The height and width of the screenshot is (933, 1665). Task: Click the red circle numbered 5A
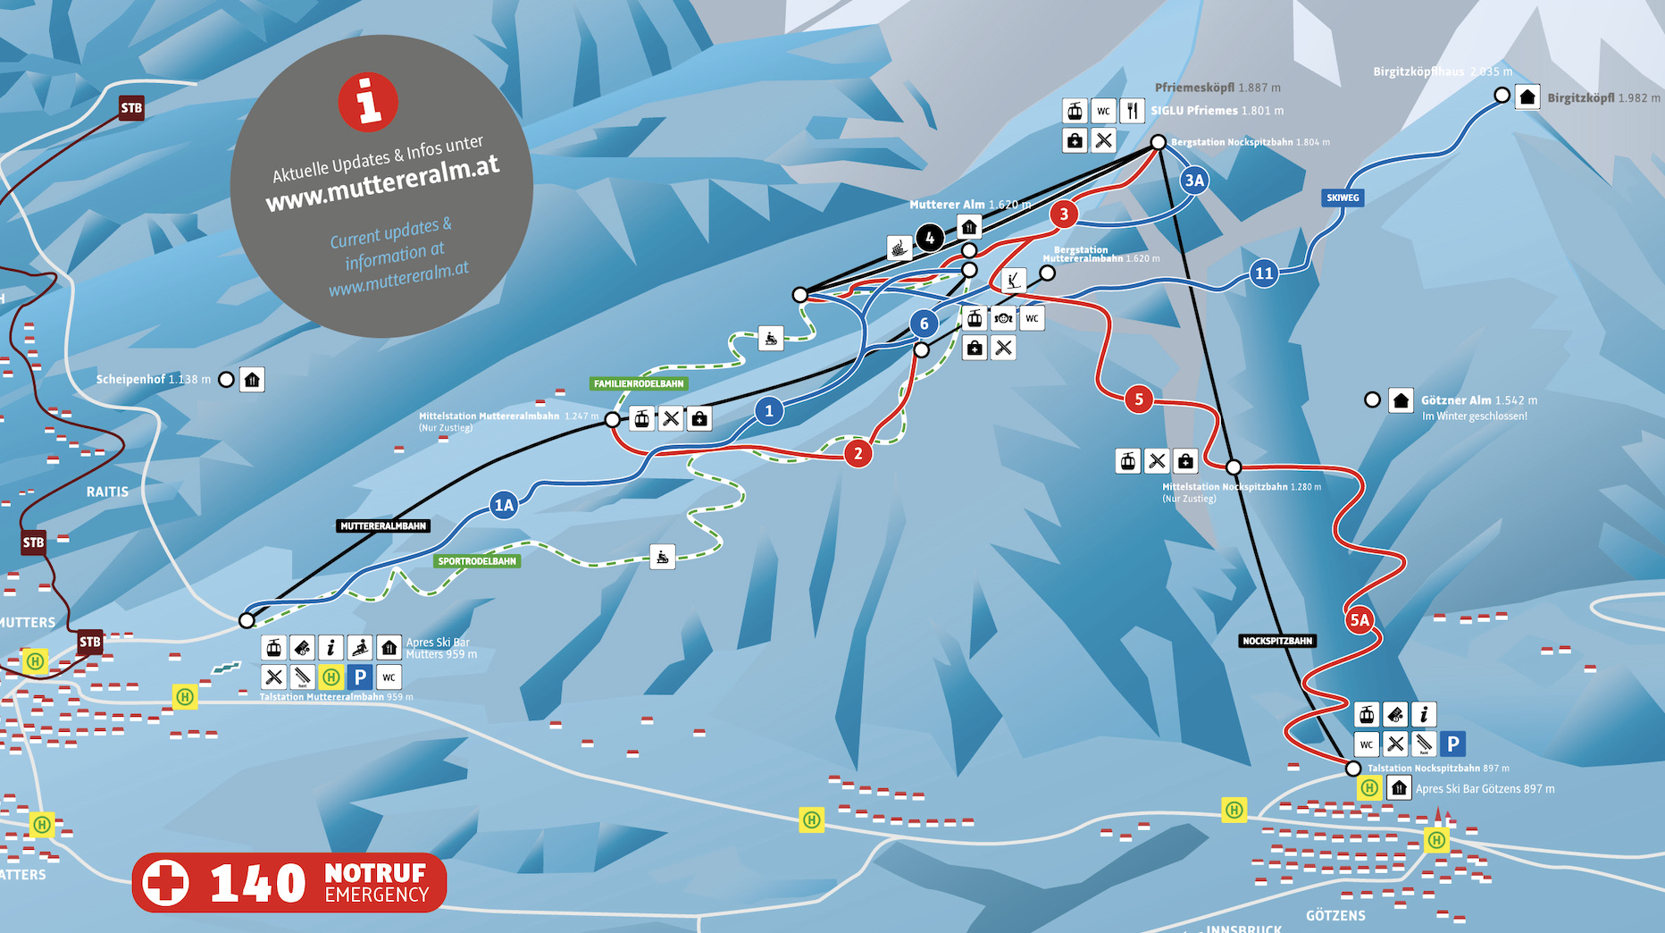(1359, 619)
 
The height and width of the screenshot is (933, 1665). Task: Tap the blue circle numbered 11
(1263, 273)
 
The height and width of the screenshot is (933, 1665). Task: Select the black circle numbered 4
(930, 238)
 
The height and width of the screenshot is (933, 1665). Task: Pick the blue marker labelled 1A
(504, 506)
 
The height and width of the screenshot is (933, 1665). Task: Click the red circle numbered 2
(858, 453)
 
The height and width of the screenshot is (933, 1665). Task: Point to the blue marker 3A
(1194, 181)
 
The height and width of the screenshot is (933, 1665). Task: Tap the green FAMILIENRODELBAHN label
(639, 383)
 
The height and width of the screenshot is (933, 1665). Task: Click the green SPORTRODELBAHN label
(477, 561)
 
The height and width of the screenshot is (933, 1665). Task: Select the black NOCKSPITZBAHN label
(1277, 641)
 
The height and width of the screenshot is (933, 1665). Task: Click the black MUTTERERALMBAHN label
(383, 526)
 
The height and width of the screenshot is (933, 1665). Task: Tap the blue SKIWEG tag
(1343, 198)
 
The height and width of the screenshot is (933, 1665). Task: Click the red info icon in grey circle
(368, 101)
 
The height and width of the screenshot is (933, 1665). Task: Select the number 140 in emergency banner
(257, 883)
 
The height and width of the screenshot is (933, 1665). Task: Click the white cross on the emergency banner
(166, 883)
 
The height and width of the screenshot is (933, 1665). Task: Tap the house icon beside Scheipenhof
(252, 380)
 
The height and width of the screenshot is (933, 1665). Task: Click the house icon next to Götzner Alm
(1401, 400)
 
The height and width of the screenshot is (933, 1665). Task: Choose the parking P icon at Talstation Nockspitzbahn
(1452, 744)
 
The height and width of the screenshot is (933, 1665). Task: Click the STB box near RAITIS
(33, 542)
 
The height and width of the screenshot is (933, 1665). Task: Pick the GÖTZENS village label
(1335, 915)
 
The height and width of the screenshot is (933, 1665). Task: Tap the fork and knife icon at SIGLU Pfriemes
(1132, 111)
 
